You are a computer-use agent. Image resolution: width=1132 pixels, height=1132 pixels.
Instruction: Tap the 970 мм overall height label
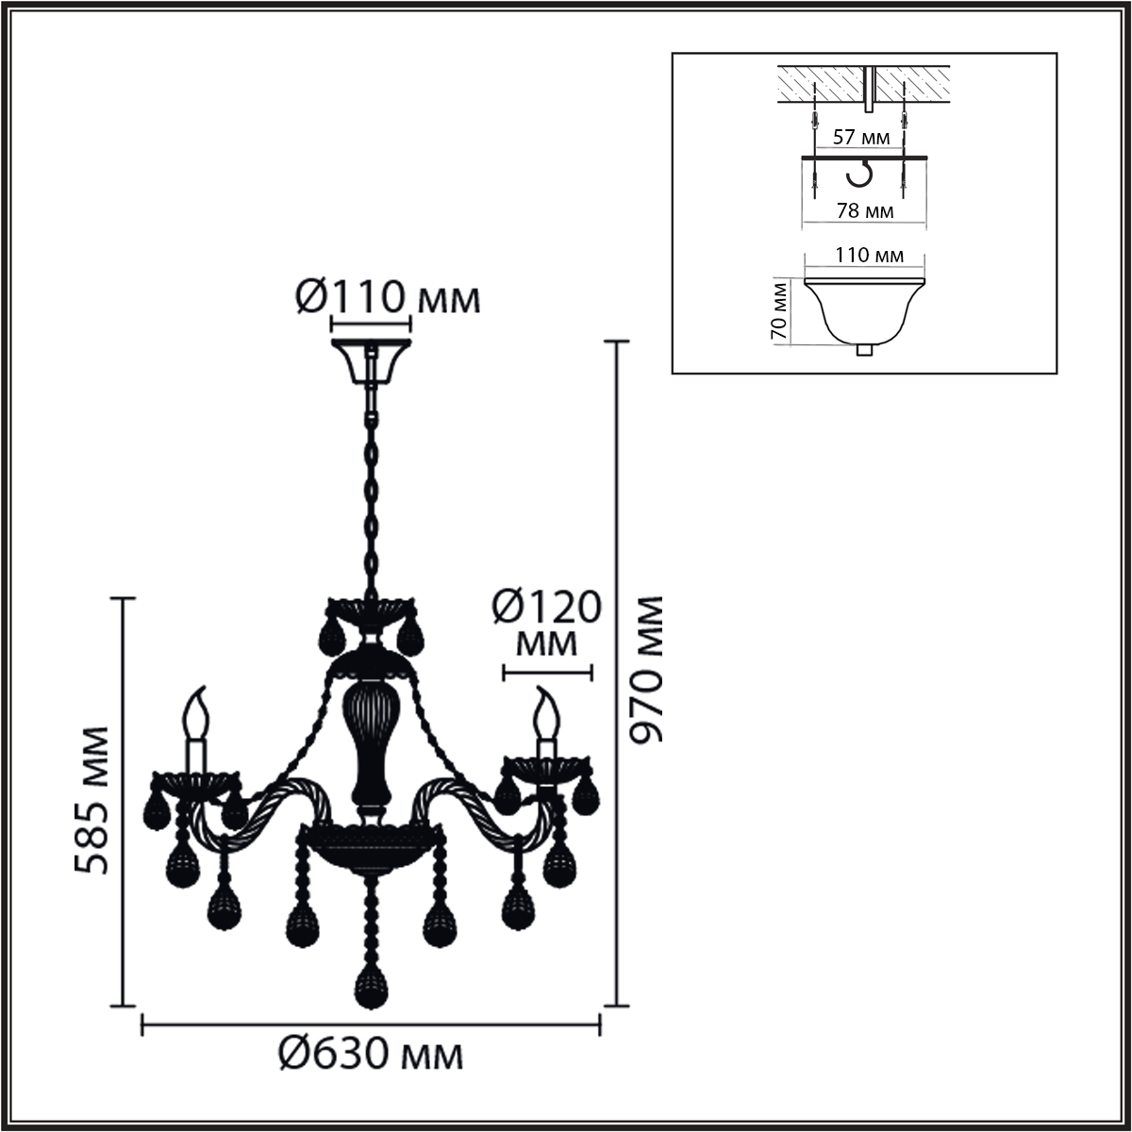pos(646,670)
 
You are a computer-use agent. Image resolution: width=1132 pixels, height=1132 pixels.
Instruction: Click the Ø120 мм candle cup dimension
pos(547,623)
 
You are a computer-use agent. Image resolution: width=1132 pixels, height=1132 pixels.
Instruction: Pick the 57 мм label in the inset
pos(861,137)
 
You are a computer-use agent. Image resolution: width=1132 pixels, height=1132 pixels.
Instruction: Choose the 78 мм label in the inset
pos(865,210)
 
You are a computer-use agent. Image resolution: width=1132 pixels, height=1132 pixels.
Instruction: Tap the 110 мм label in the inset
pos(870,255)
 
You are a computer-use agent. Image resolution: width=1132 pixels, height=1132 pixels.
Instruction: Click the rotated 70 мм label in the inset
pos(779,310)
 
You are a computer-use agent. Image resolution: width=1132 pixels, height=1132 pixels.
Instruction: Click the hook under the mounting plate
pos(861,176)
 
